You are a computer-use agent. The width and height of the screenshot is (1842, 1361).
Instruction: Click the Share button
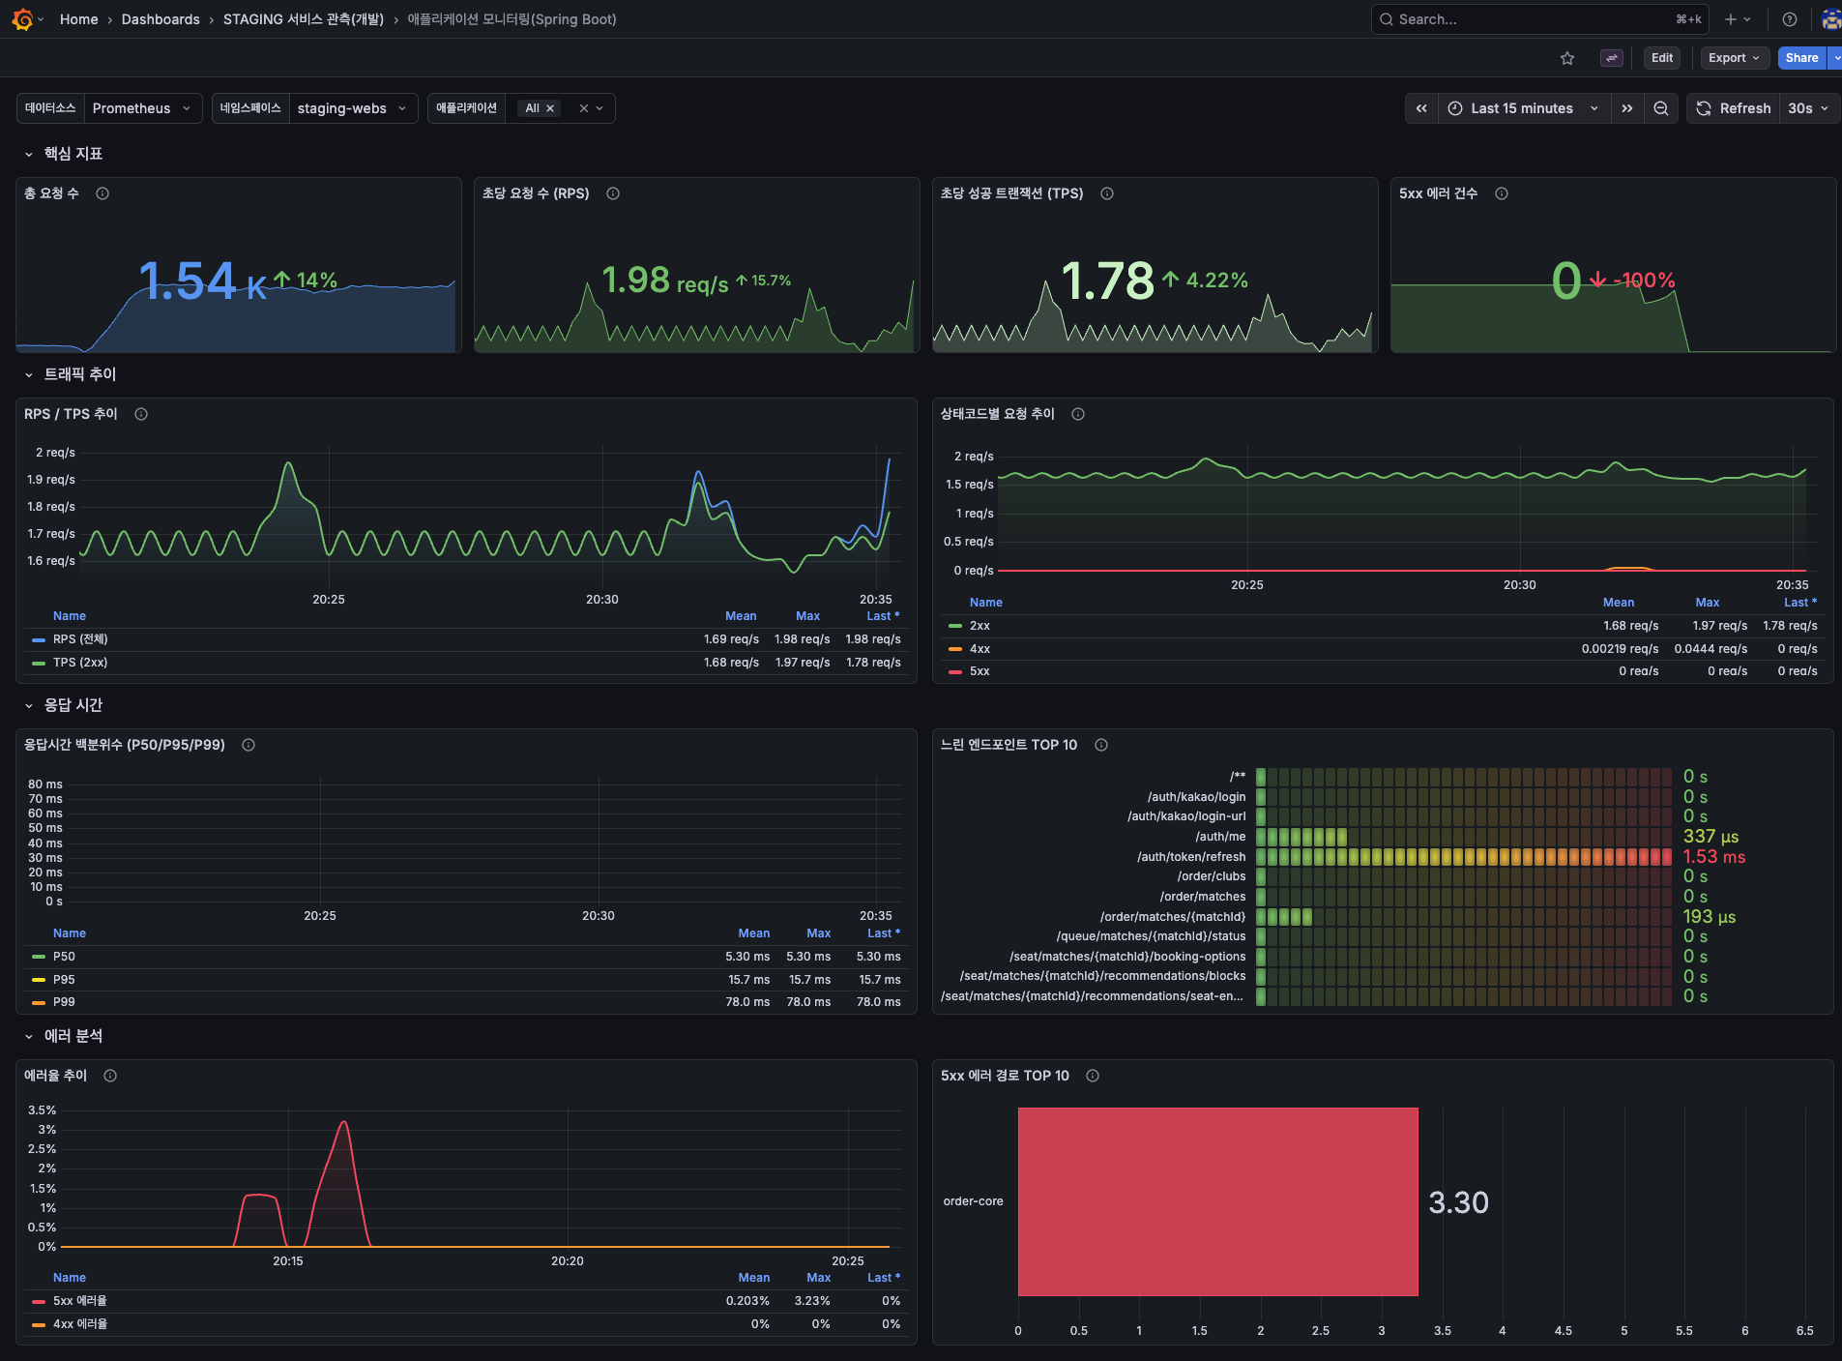point(1800,58)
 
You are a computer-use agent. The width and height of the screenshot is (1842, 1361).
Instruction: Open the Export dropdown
point(1734,58)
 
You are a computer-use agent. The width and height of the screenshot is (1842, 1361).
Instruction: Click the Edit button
point(1661,58)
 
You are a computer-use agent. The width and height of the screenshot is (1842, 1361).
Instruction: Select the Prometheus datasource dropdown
point(141,108)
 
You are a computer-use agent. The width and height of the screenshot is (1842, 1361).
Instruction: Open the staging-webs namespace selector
point(351,108)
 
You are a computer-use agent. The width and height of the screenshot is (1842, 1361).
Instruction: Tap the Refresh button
point(1734,108)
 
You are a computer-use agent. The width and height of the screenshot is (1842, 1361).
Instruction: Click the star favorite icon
point(1567,58)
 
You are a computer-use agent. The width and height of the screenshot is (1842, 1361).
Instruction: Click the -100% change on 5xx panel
point(1643,281)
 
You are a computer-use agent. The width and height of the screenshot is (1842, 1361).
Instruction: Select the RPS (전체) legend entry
point(80,639)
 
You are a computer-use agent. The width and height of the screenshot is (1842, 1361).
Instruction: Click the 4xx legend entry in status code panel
point(979,649)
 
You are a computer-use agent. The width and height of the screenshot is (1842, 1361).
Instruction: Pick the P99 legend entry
point(64,1002)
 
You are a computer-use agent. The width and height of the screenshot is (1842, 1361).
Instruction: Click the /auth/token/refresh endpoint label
point(1190,857)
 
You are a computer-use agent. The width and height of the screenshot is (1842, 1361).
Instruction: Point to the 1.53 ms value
point(1713,857)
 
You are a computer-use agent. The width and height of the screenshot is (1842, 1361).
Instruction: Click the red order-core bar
point(1217,1201)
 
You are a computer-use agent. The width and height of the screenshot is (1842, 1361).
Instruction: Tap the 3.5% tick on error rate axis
point(43,1110)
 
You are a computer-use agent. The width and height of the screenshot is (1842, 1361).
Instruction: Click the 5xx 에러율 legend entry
point(79,1301)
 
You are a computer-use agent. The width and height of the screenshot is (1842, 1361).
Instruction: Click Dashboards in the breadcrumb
point(161,19)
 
